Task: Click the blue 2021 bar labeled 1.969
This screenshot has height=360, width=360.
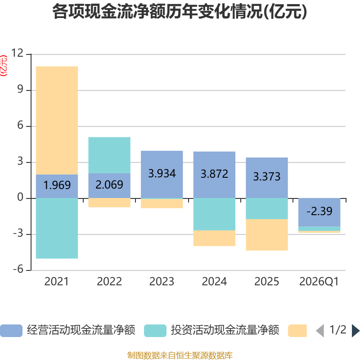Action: tap(57, 186)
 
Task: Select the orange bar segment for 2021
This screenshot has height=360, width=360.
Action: tap(57, 121)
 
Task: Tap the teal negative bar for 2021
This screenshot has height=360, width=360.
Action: tap(57, 228)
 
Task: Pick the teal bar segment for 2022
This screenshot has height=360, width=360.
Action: tap(109, 155)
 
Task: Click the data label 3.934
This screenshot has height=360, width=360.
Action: tap(162, 173)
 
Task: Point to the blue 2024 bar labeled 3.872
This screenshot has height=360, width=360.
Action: tap(214, 175)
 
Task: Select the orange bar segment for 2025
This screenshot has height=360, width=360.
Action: tap(267, 234)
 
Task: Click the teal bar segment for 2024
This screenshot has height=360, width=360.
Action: tap(214, 214)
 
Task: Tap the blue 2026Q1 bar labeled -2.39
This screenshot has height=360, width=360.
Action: tap(319, 212)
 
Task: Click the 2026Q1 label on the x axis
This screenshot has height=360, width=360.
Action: tap(319, 282)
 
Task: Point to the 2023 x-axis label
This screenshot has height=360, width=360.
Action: tap(162, 282)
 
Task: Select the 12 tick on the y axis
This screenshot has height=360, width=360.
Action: tap(18, 53)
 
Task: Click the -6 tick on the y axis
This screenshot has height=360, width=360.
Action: tap(18, 269)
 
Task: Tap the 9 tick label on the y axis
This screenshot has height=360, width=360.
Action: tap(20, 89)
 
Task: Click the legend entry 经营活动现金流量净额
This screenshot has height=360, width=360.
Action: tap(81, 330)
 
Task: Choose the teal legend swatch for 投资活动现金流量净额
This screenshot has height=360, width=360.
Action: tap(155, 331)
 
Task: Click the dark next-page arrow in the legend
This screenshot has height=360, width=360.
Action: tap(355, 331)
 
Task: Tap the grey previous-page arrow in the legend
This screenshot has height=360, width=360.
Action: tap(320, 331)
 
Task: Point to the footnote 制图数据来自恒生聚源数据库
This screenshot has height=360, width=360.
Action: tap(180, 355)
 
